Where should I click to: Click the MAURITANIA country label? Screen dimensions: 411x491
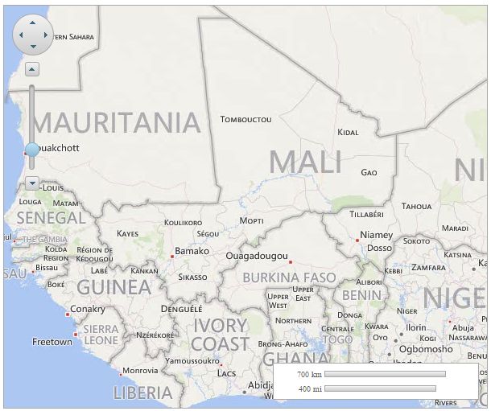pos(115,122)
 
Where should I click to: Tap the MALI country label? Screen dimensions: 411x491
pos(305,162)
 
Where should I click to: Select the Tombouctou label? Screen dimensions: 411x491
pos(245,119)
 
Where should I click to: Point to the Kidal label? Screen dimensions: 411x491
pos(348,132)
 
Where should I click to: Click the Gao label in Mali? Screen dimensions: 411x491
pos(369,172)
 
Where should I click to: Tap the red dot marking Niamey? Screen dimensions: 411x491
pos(357,240)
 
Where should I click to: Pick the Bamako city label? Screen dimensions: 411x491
pos(192,251)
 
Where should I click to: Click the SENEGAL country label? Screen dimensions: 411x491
pos(51,217)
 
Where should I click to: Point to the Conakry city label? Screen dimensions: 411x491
pos(88,309)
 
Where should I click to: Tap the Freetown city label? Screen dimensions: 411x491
pos(52,342)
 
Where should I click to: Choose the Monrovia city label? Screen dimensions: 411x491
pos(140,371)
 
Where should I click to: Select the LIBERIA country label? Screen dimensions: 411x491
pos(142,393)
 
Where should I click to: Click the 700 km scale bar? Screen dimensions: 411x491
pos(385,374)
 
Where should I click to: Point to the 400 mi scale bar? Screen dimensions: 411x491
pos(380,388)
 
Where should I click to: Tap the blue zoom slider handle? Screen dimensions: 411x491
pos(32,149)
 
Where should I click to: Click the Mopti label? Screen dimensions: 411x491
pos(251,220)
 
